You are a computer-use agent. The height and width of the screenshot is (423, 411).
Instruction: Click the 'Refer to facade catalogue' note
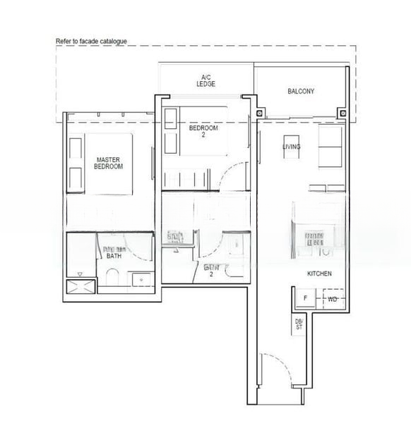point(92,42)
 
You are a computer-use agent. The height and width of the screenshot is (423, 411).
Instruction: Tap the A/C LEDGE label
point(206,80)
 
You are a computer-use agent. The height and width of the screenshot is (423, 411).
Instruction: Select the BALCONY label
point(301,92)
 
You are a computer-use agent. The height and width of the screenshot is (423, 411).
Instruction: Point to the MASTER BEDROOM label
point(109,164)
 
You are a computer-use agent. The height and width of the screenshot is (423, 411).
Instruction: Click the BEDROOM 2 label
point(203,133)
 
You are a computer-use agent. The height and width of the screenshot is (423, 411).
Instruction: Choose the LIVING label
point(291,147)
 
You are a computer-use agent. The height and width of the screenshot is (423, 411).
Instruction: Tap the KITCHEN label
point(319,274)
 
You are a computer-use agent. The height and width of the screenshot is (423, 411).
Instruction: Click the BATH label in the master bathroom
point(114,256)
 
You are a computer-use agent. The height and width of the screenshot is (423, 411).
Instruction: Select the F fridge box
point(305,299)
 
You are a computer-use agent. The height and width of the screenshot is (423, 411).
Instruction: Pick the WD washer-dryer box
point(333,299)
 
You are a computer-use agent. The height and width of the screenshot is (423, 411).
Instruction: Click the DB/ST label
point(299,324)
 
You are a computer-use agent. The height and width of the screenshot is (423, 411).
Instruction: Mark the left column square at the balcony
point(261,113)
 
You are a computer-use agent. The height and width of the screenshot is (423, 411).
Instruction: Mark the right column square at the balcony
point(342,113)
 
